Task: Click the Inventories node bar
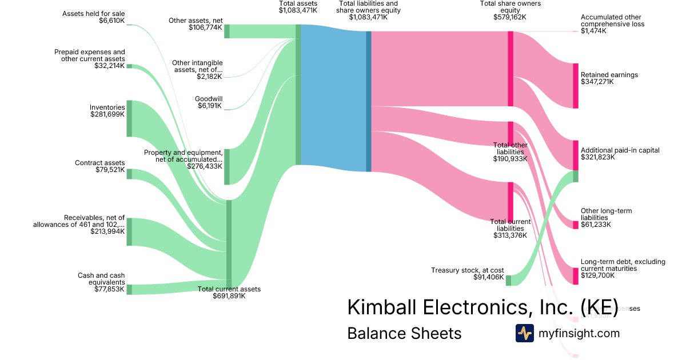[x=129, y=118]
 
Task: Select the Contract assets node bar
[x=129, y=174]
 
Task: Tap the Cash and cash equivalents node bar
[x=129, y=289]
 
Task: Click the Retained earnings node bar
[x=576, y=86]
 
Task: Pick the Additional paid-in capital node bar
[x=576, y=155]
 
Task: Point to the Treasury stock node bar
[x=508, y=280]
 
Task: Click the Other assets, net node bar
[x=227, y=31]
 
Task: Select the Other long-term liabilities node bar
[x=576, y=225]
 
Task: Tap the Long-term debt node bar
[x=576, y=276]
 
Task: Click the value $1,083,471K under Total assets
[x=298, y=10]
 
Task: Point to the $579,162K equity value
[x=510, y=17]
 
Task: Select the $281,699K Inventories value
[x=107, y=114]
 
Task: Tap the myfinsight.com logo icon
[x=524, y=333]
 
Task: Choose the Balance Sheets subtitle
[x=404, y=333]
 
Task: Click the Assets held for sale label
[x=95, y=13]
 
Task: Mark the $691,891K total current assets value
[x=229, y=296]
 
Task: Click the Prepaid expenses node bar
[x=129, y=66]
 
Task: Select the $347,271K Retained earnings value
[x=597, y=82]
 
